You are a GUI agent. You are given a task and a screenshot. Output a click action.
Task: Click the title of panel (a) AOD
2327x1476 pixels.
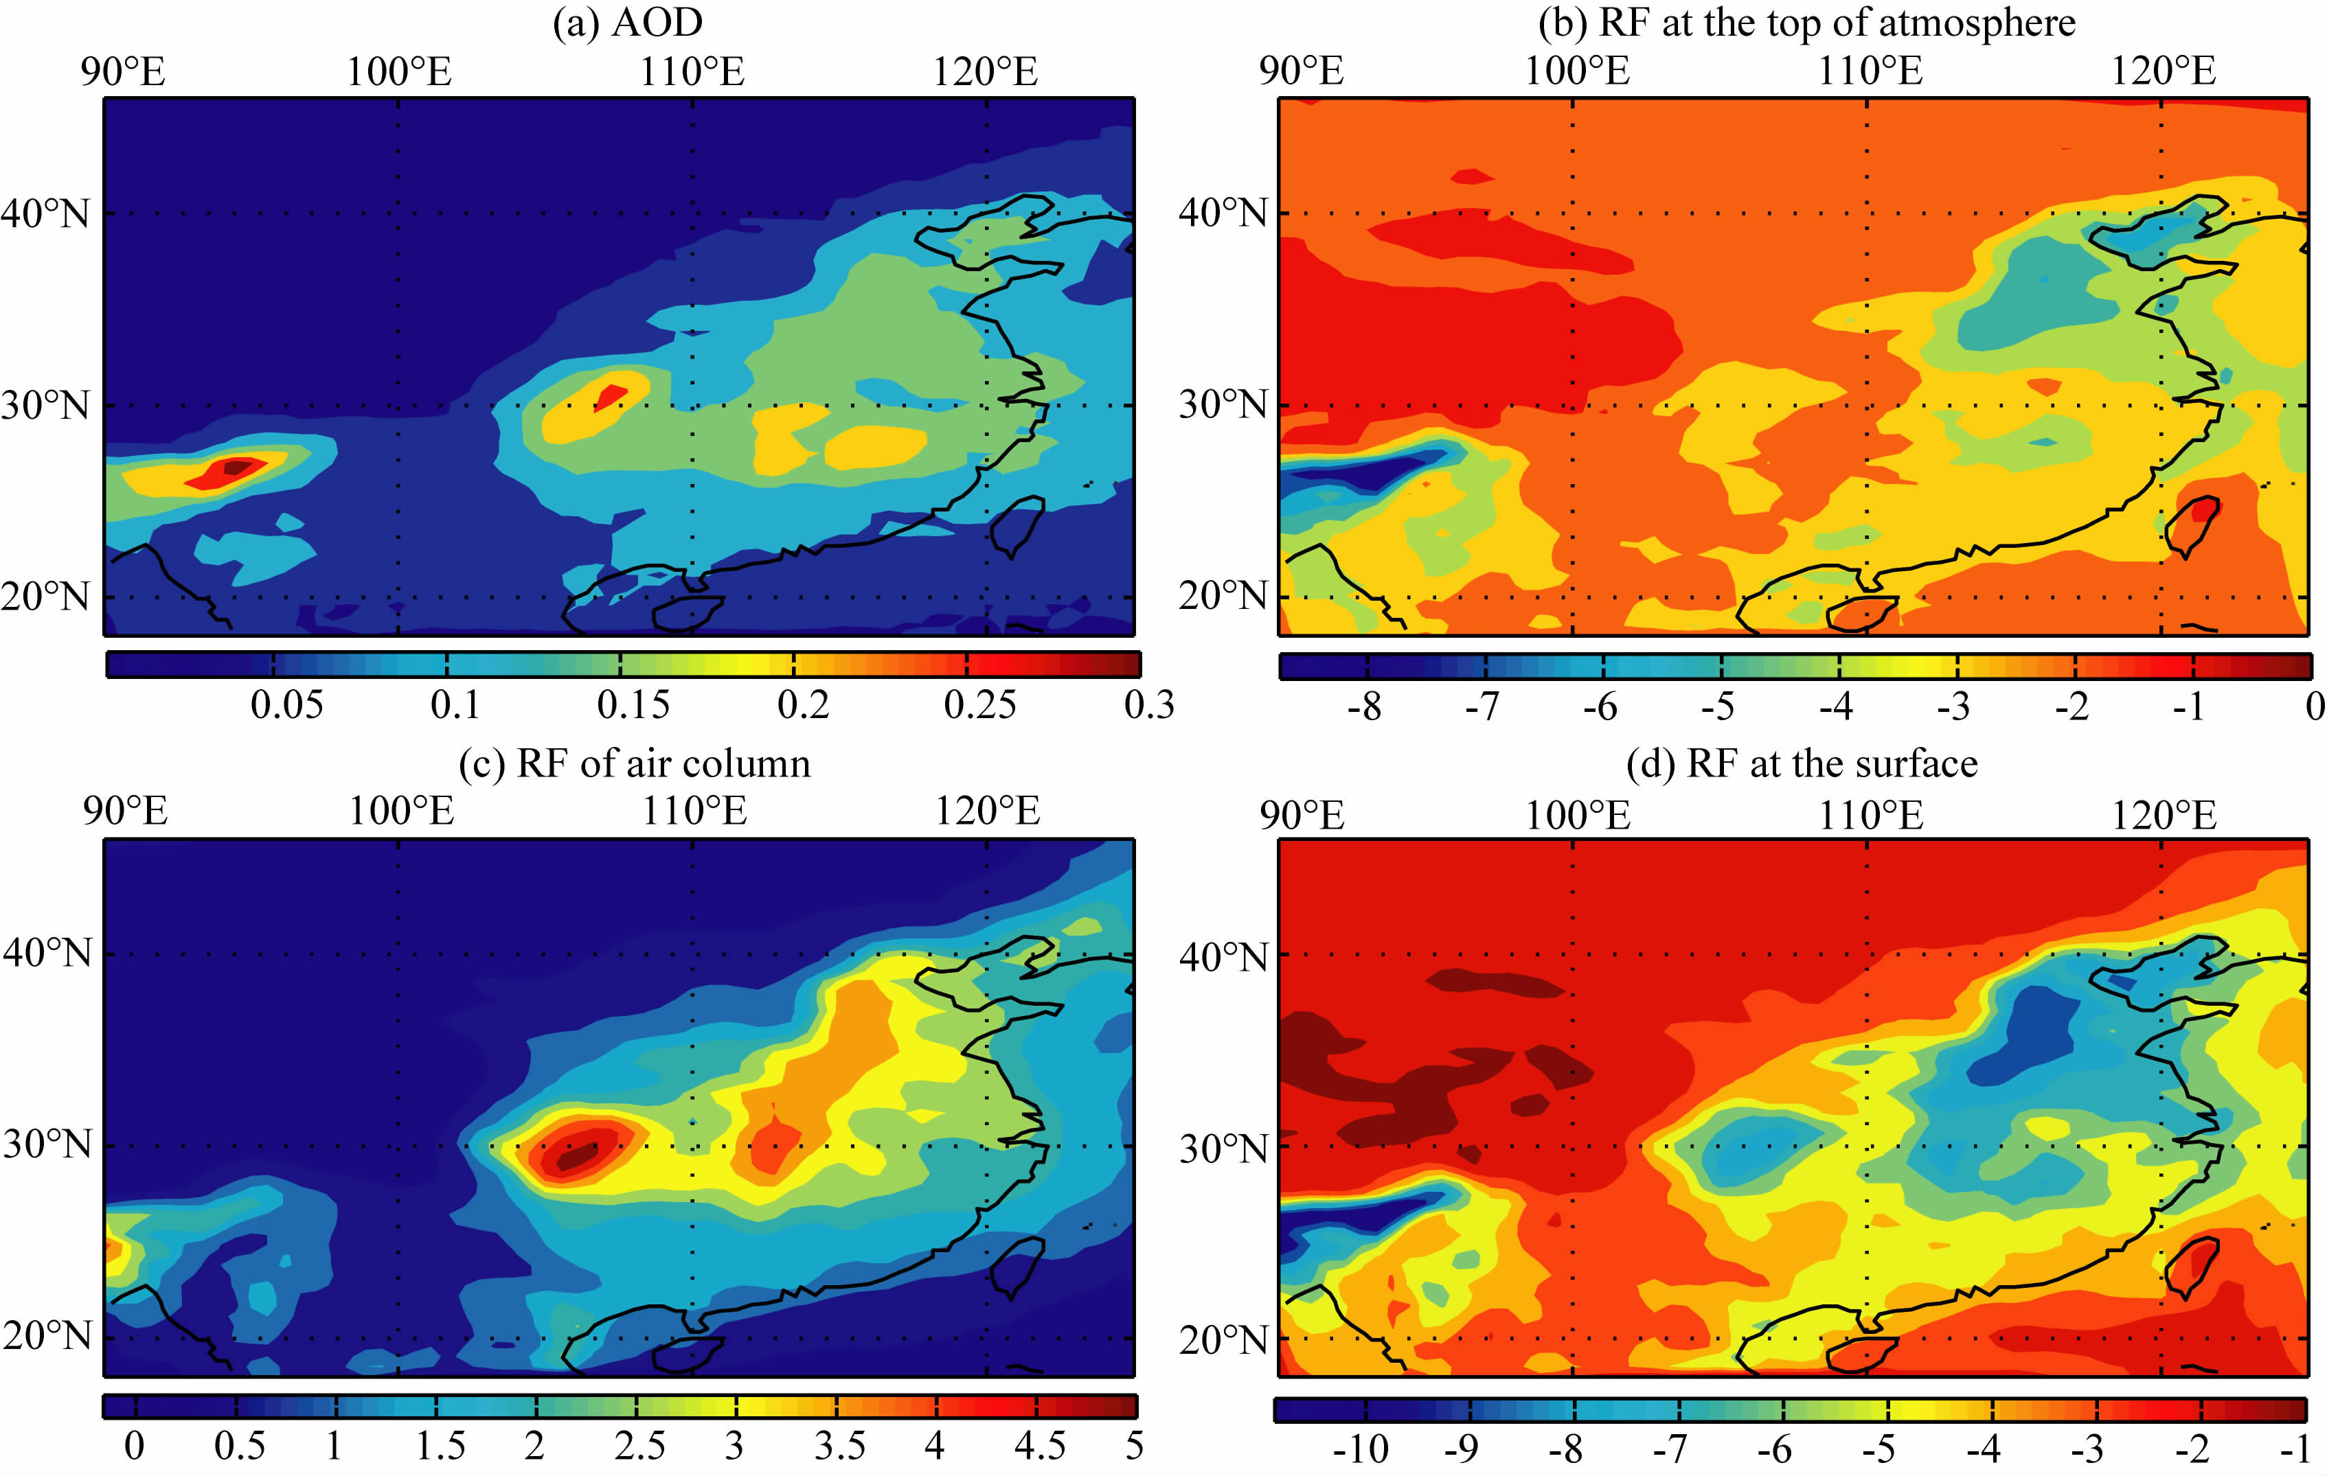tap(626, 23)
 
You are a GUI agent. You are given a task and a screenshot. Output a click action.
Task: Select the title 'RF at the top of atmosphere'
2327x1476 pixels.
tap(1805, 23)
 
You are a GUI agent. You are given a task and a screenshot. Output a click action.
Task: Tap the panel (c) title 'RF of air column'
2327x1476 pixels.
tap(634, 764)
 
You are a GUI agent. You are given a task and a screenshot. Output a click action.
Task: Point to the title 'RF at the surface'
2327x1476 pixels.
tap(1802, 764)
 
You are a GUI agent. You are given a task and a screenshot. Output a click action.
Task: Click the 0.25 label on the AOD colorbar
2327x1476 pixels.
tap(979, 705)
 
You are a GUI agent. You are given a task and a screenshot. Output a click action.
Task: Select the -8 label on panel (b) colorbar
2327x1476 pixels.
tap(1363, 708)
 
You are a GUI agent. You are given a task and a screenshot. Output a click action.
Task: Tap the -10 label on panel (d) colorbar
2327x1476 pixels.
tap(1360, 1449)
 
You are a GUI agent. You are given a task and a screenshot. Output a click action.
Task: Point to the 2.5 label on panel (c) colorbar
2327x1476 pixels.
tap(639, 1446)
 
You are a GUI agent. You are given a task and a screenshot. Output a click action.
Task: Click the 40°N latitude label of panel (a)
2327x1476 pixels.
tap(45, 213)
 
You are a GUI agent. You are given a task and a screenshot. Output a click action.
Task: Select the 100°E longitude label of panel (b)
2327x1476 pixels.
tap(1576, 71)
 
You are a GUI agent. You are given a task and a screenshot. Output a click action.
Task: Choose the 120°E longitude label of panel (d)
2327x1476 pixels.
tap(2163, 816)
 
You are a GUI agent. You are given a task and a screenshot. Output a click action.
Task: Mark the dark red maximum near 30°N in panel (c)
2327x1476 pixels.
tap(576, 1153)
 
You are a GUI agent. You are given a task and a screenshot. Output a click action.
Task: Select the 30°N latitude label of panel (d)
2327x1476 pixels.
tap(1223, 1149)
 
